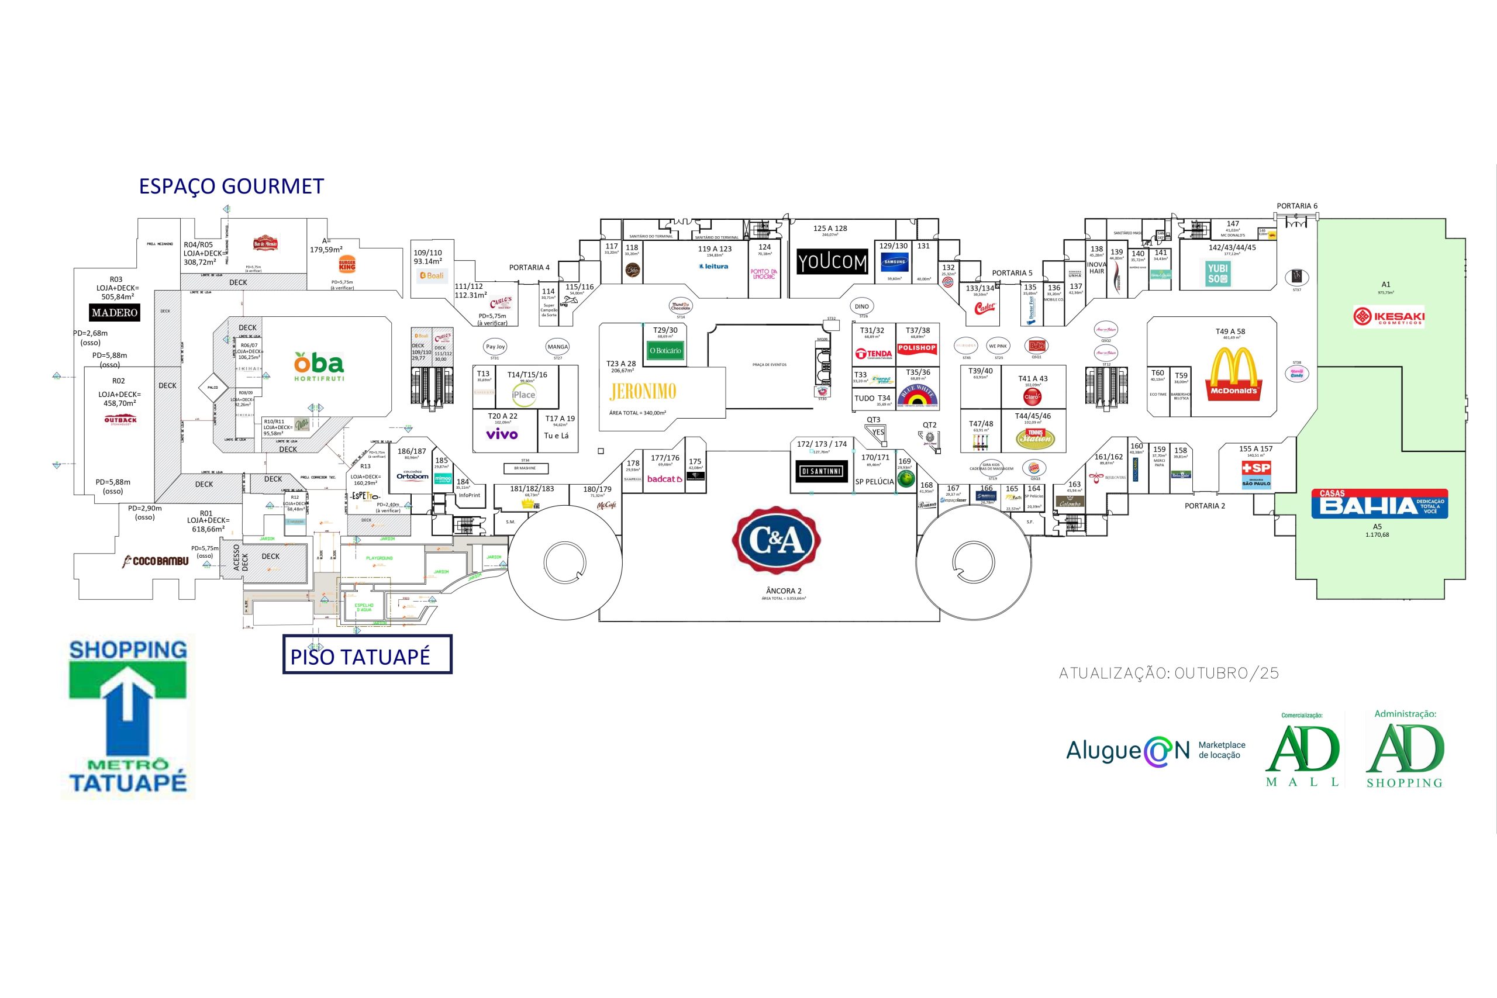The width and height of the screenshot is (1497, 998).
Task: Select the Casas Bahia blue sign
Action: (x=1380, y=503)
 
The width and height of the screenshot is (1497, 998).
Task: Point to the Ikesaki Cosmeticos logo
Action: (x=1389, y=316)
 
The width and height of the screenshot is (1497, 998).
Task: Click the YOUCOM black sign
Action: (x=832, y=261)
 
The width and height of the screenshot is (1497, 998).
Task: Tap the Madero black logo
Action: (x=114, y=313)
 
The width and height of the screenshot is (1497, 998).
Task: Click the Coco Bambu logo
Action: (x=156, y=561)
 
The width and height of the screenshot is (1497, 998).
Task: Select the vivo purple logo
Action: (x=502, y=434)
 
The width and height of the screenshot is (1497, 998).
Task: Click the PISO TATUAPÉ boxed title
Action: (x=367, y=655)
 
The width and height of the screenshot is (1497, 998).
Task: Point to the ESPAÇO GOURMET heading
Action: (x=231, y=186)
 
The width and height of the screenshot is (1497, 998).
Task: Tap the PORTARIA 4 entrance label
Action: (x=529, y=267)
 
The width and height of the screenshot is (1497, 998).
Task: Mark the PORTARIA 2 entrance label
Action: (x=1204, y=506)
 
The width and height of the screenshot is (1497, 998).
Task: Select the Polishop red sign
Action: (x=916, y=348)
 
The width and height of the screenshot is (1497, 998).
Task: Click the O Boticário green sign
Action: (x=665, y=351)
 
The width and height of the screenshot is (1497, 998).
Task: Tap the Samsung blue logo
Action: (x=894, y=261)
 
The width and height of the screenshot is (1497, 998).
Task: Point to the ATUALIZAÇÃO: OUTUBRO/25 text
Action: (x=1168, y=674)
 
